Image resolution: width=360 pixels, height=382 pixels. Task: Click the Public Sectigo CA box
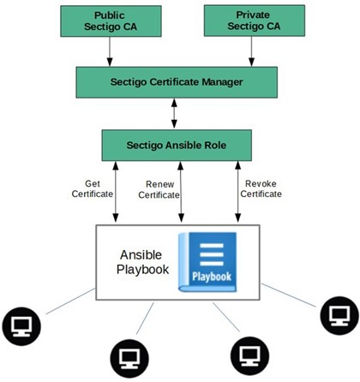pyautogui.click(x=111, y=21)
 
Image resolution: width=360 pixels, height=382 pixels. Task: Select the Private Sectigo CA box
pyautogui.click(x=255, y=21)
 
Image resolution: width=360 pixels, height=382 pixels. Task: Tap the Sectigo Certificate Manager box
pyautogui.click(x=177, y=82)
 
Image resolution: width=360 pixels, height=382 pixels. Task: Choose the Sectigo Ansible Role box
pyautogui.click(x=177, y=146)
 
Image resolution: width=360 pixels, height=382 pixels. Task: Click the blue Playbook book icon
pyautogui.click(x=207, y=262)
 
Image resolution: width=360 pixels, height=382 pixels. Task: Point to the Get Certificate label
pyautogui.click(x=93, y=188)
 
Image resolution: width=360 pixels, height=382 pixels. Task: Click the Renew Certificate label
pyautogui.click(x=159, y=189)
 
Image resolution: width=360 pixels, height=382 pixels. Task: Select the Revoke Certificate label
pyautogui.click(x=261, y=188)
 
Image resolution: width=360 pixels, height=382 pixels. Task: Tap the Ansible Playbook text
pyautogui.click(x=142, y=262)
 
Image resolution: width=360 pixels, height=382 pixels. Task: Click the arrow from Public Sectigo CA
pyautogui.click(x=110, y=51)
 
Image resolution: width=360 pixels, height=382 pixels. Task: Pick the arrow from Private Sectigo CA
pyautogui.click(x=251, y=51)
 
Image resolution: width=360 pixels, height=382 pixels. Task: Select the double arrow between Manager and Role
pyautogui.click(x=174, y=113)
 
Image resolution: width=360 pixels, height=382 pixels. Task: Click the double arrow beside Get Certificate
pyautogui.click(x=116, y=192)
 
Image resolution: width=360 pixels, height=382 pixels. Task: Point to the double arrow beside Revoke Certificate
pyautogui.click(x=237, y=192)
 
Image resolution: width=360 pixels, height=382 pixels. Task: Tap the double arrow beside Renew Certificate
pyautogui.click(x=181, y=192)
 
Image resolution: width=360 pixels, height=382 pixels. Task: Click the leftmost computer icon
pyautogui.click(x=21, y=326)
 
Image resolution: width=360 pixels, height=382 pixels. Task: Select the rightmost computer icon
pyautogui.click(x=339, y=315)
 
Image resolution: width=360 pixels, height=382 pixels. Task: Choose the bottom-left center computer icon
pyautogui.click(x=129, y=358)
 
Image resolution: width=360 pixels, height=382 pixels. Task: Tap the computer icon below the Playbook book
pyautogui.click(x=249, y=356)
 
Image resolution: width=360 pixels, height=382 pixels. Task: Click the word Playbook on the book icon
pyautogui.click(x=212, y=277)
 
